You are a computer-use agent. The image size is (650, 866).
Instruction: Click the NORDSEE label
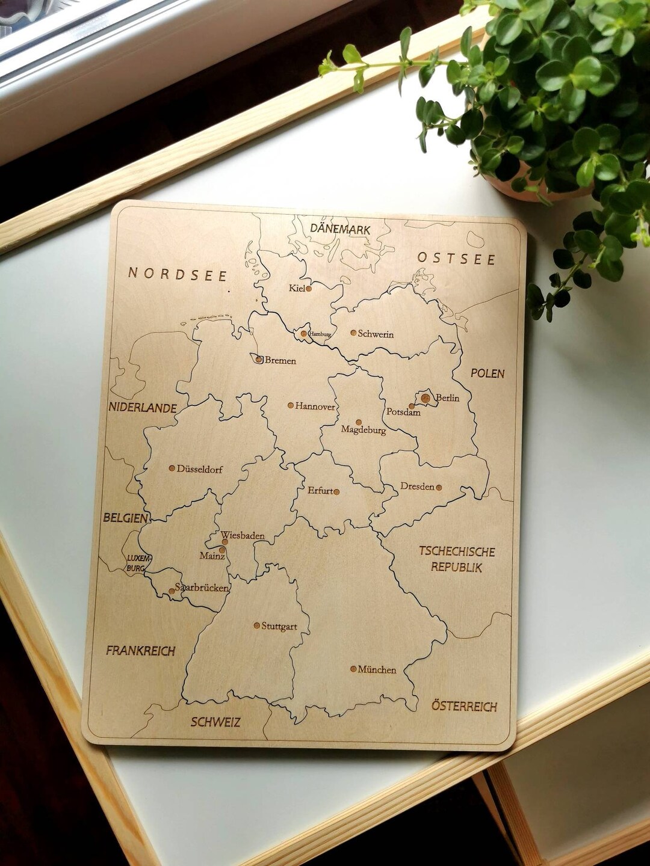[178, 275]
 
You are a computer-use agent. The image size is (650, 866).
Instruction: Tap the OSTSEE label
[456, 259]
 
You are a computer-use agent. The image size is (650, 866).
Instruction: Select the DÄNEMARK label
[340, 229]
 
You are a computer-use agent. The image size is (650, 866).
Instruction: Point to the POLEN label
[487, 373]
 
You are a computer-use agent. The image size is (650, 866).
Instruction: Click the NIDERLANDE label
[143, 408]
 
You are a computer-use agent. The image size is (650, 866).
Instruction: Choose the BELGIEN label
[125, 518]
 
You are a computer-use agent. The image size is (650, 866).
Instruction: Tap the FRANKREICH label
[141, 651]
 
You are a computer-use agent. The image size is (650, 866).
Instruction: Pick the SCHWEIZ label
[215, 722]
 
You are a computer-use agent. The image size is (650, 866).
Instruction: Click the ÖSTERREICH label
[464, 706]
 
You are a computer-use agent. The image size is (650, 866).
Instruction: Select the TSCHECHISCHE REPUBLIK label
[457, 559]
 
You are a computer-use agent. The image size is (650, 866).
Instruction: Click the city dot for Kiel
[309, 289]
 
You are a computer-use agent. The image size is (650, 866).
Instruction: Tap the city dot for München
[353, 669]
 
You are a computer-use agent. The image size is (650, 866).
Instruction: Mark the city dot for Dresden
[439, 488]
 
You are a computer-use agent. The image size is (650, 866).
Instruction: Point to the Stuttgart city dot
[256, 625]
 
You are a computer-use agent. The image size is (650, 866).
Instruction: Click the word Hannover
[315, 407]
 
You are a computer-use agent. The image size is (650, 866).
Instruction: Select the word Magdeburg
[364, 430]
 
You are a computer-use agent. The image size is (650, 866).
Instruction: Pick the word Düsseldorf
[200, 469]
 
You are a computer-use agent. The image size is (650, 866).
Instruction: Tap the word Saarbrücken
[202, 588]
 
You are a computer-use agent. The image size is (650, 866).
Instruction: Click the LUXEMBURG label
[135, 563]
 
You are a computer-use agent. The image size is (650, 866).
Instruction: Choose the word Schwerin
[376, 334]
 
